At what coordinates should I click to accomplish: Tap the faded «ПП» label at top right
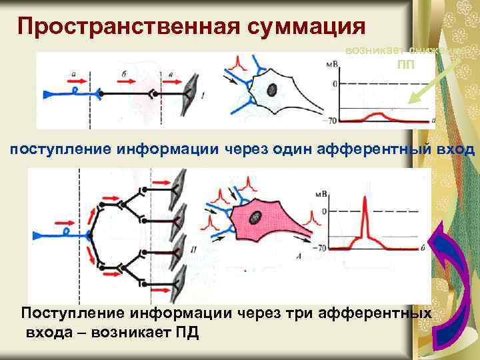[405, 65]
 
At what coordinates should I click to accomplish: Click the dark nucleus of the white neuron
[273, 89]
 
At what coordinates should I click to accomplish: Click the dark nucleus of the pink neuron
[256, 217]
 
